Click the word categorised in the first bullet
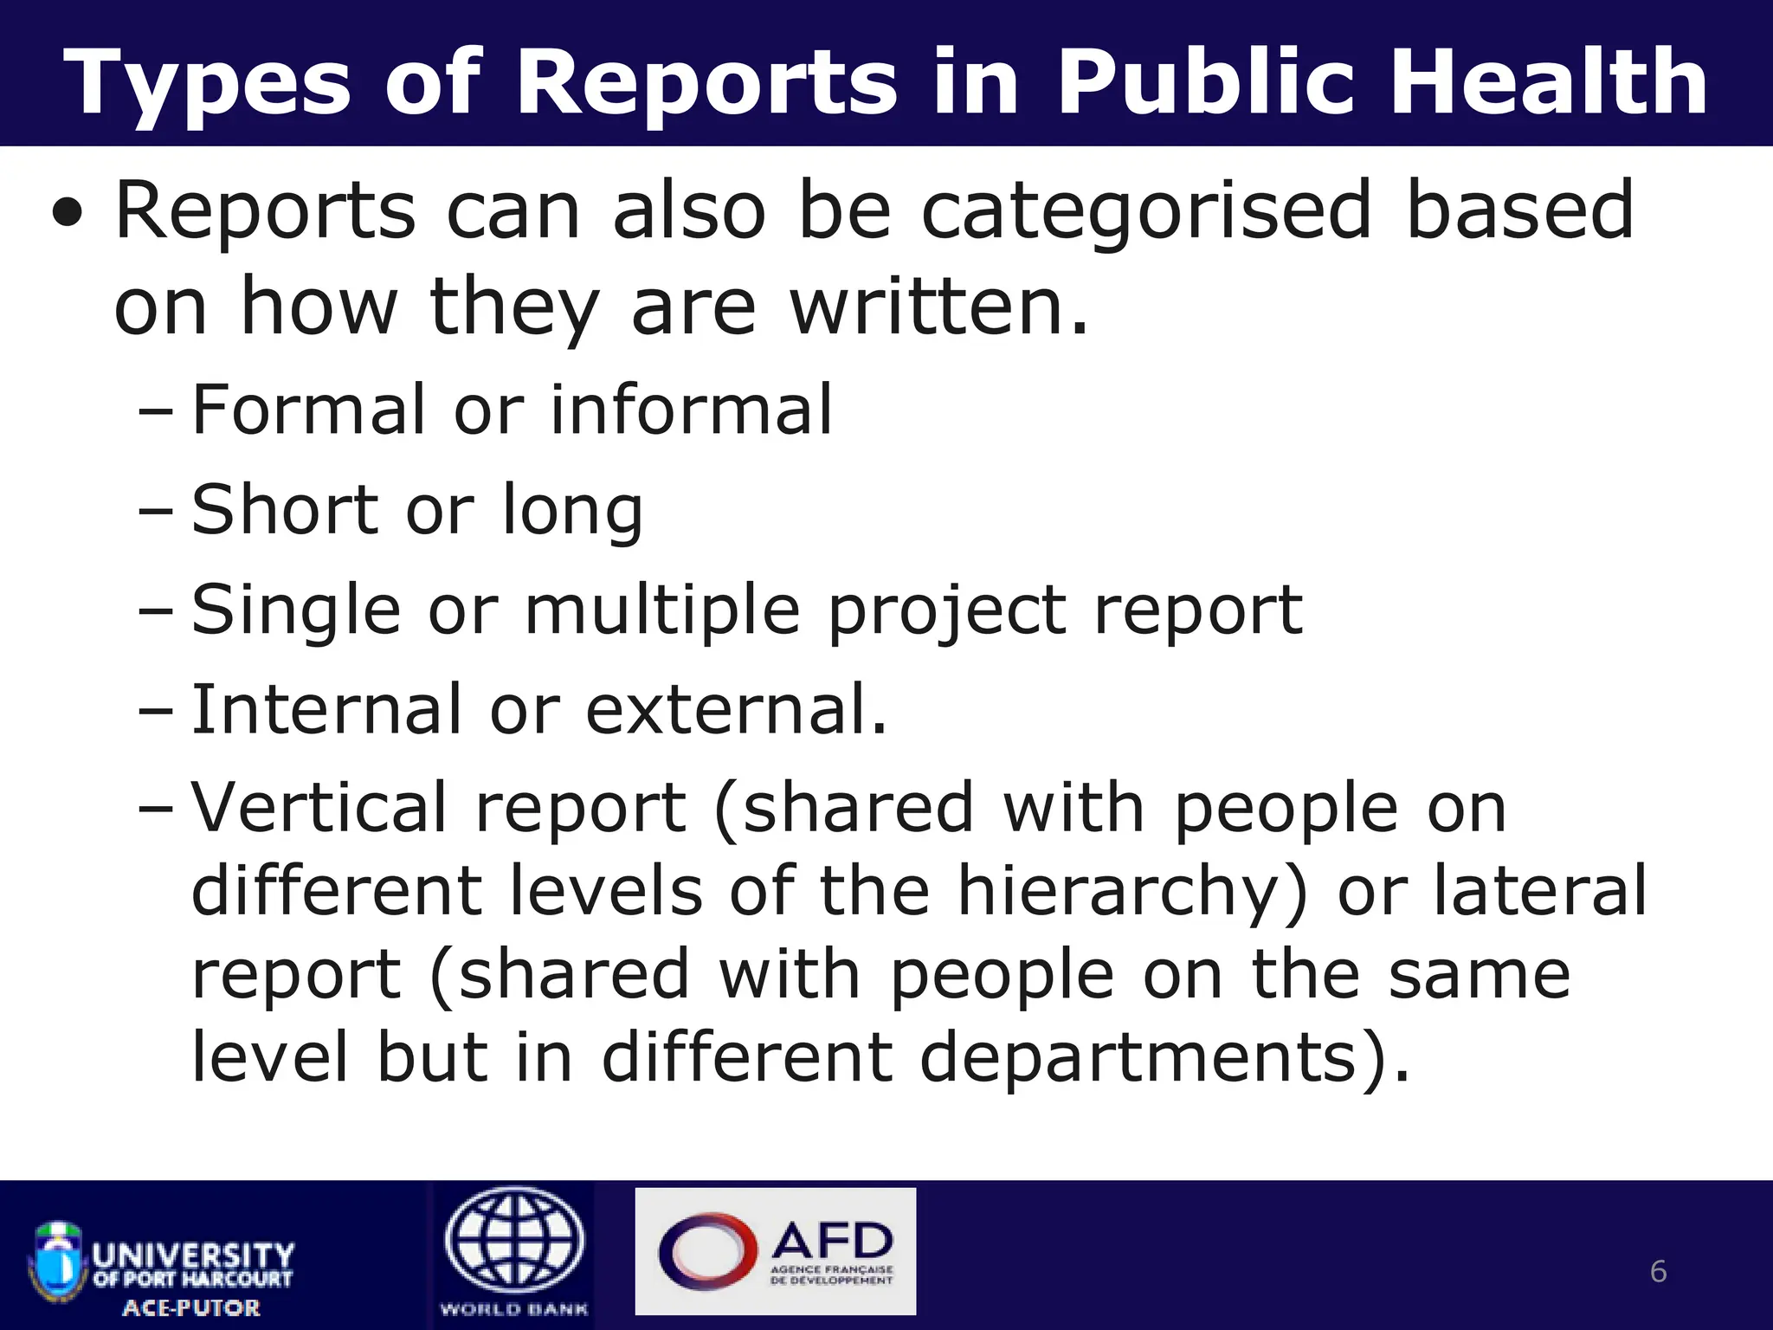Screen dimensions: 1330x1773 point(1146,211)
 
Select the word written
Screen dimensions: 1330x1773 point(938,307)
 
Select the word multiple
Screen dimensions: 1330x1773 point(662,611)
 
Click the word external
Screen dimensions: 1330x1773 point(736,711)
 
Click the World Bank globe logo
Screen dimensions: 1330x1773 point(515,1241)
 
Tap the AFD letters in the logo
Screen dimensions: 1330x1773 point(832,1239)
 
